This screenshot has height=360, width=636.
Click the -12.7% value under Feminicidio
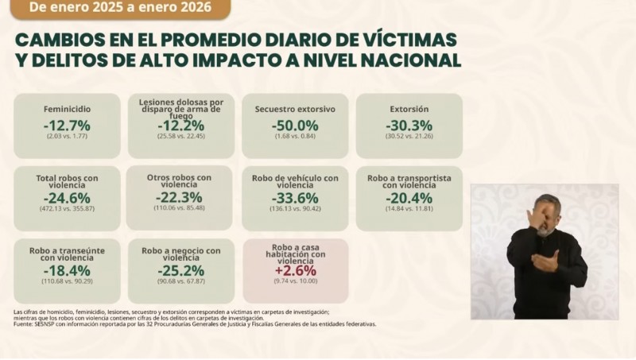click(67, 125)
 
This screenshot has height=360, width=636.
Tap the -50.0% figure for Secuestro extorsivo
click(294, 125)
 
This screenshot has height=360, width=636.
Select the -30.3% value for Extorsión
click(409, 125)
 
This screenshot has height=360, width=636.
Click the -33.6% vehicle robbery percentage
click(294, 198)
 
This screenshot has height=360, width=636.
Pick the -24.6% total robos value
click(67, 198)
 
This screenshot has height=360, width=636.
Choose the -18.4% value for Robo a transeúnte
click(67, 270)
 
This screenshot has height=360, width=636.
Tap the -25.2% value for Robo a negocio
click(181, 270)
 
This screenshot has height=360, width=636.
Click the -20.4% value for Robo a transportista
click(409, 198)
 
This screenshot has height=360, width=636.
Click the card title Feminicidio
click(67, 109)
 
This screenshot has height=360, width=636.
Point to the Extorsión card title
click(409, 109)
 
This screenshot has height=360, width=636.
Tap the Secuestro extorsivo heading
click(294, 109)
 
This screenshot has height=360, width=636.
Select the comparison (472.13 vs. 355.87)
click(67, 209)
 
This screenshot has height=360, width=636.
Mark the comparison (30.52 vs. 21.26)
click(409, 136)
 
